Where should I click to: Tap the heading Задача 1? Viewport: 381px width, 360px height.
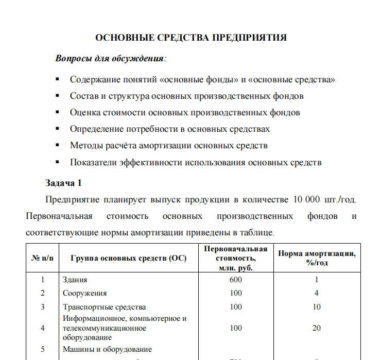(63, 183)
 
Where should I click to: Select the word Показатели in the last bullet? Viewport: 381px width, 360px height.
(93, 162)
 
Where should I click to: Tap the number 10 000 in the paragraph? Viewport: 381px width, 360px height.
(306, 199)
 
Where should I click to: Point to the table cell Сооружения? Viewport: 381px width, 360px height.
(85, 293)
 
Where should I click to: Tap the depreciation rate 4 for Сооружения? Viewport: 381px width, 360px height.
(317, 293)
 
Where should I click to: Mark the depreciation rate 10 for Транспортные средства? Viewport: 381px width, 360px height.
(317, 307)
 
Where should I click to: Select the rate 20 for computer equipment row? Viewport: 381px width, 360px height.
(317, 328)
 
